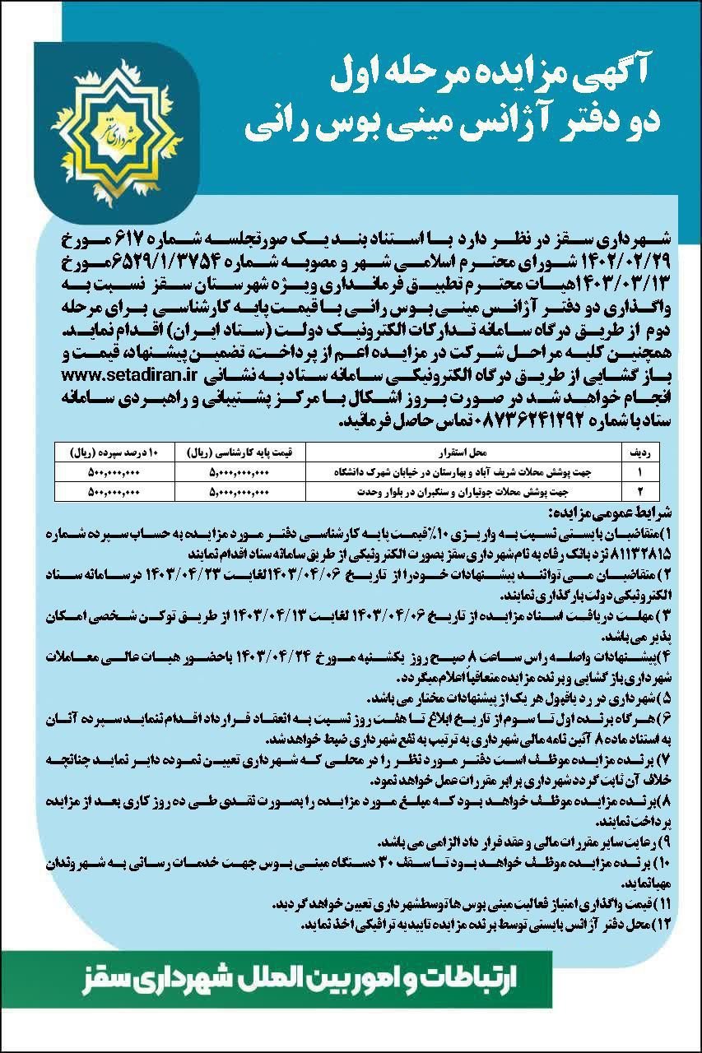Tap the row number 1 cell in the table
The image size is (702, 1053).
[x=638, y=472]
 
